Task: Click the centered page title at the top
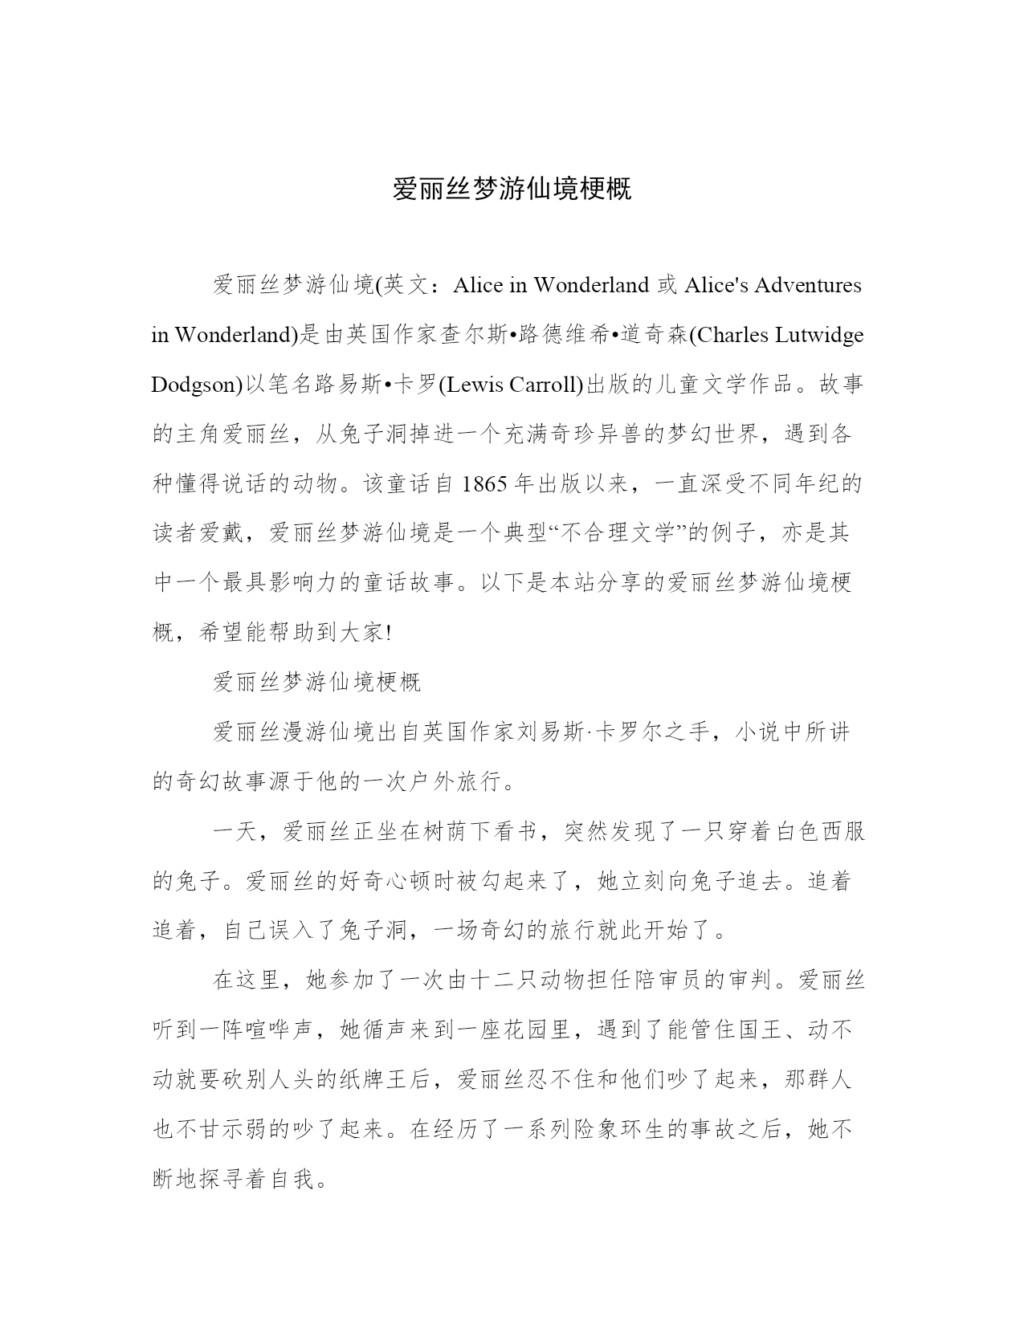tap(512, 189)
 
